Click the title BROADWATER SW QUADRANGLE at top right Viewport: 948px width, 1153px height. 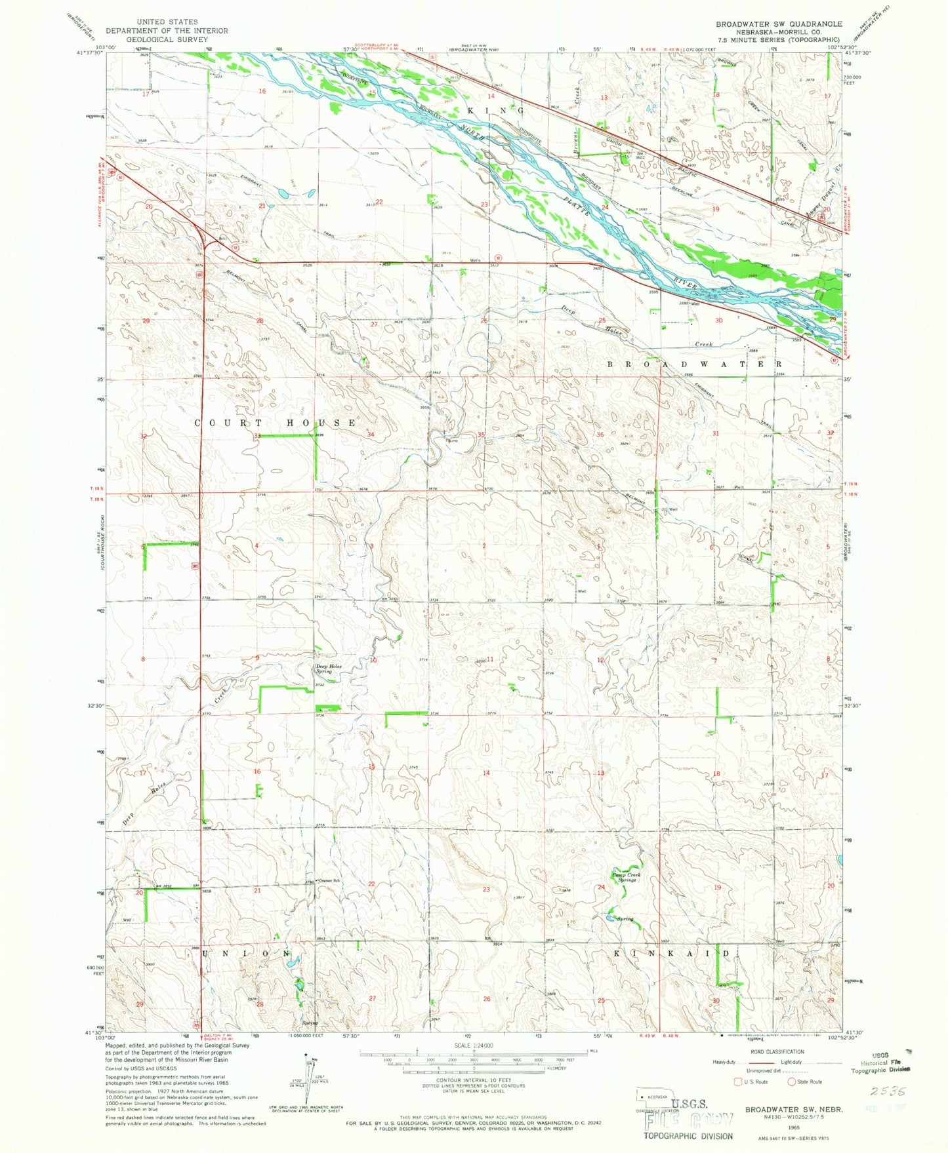[x=779, y=24]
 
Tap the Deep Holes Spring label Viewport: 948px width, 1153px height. [x=329, y=669]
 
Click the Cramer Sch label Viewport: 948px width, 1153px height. [x=330, y=880]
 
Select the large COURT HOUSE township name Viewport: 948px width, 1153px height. [x=276, y=423]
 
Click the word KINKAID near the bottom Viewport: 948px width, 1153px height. [x=671, y=953]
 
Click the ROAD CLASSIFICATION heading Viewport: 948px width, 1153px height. [x=776, y=1051]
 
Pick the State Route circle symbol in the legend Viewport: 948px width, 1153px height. [x=792, y=1082]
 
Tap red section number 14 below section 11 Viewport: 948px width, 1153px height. [x=486, y=773]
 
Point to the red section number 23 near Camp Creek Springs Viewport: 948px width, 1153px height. [x=486, y=889]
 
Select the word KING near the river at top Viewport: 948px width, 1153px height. [x=497, y=111]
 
